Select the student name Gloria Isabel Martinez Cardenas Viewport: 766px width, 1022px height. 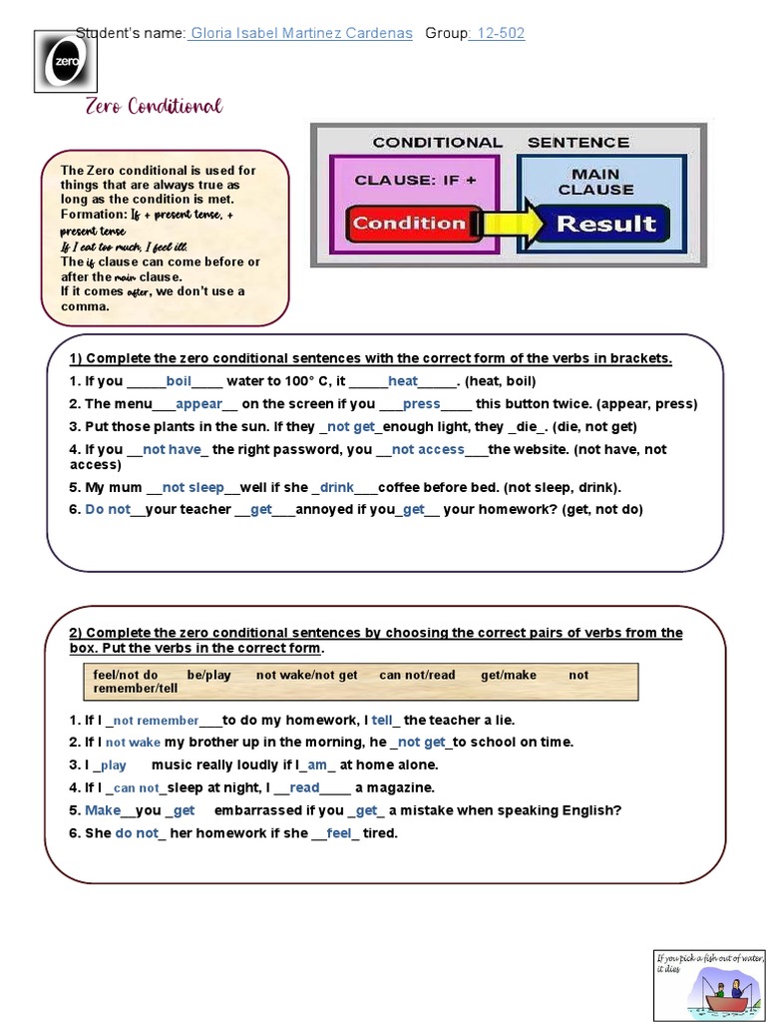tap(300, 33)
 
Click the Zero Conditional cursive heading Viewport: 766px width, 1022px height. tap(154, 106)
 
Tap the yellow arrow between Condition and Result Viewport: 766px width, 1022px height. tap(508, 224)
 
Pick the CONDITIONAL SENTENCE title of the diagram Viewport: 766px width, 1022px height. tap(501, 142)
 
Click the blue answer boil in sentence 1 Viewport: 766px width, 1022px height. tap(179, 381)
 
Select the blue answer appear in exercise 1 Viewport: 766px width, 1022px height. tap(198, 404)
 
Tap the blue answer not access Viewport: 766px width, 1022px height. tap(428, 449)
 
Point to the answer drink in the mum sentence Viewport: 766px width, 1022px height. tap(337, 487)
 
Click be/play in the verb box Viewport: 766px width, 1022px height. tap(208, 675)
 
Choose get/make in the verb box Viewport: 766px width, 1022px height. tap(508, 675)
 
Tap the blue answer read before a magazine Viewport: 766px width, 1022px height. tap(304, 787)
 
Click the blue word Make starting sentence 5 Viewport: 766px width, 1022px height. tap(103, 810)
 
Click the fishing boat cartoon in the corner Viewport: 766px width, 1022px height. tap(708, 983)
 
